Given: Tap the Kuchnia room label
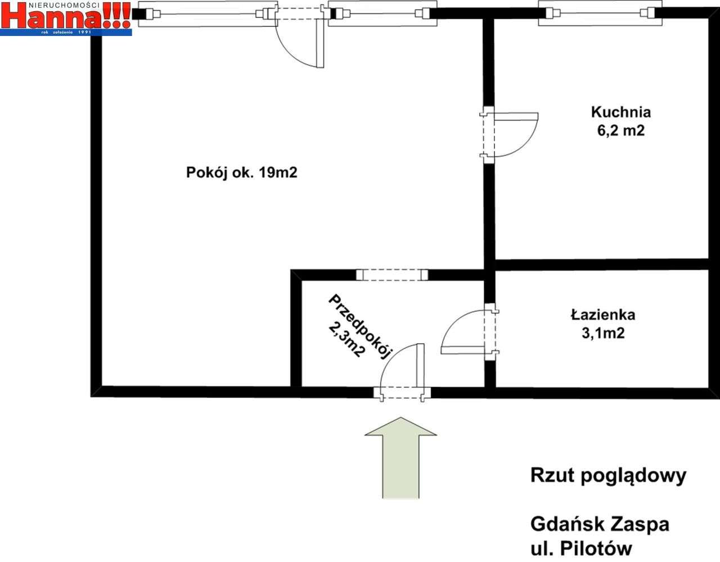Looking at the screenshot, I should tap(620, 111).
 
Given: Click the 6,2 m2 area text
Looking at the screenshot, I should tap(620, 131).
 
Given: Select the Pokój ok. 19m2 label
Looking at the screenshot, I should tap(241, 173).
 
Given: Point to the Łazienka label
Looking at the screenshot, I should tap(602, 314).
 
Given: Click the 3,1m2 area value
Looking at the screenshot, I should tap(603, 333).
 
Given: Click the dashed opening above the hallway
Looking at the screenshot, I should tap(392, 275).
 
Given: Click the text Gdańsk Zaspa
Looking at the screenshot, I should tap(600, 524).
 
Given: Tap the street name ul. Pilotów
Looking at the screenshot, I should tap(581, 548).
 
